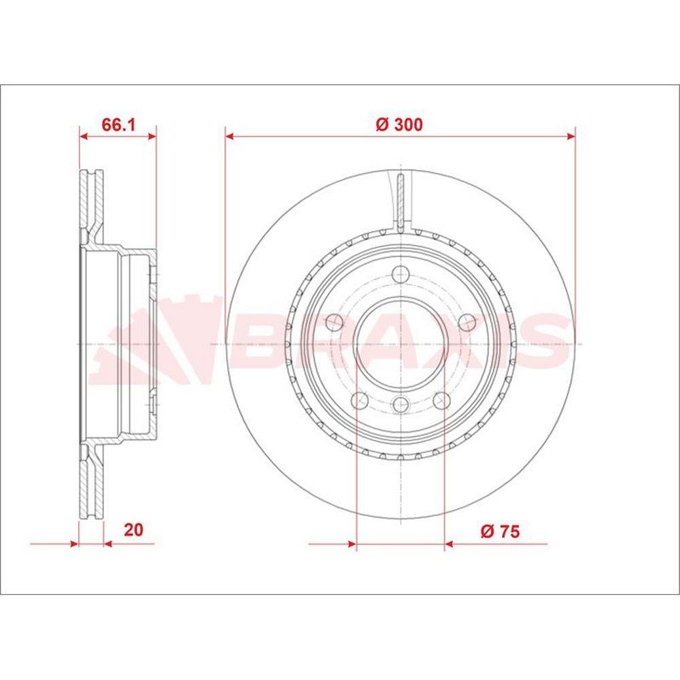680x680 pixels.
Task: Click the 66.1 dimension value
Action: point(118,125)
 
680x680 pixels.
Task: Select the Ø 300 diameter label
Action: point(399,125)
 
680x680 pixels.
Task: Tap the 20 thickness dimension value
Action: point(133,530)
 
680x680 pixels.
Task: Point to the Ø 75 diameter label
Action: point(500,531)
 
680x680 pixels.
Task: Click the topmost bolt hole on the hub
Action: point(401,274)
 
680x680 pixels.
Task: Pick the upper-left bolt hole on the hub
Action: point(334,322)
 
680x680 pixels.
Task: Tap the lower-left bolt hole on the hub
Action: point(360,401)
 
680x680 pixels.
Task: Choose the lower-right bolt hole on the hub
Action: point(442,401)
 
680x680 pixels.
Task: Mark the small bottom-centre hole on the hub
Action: point(401,405)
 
